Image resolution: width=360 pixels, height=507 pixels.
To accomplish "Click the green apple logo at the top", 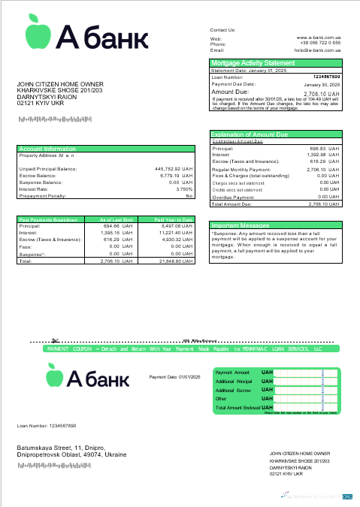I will tap(35, 30).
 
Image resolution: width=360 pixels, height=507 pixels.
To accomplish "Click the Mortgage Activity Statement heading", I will tap(253, 63).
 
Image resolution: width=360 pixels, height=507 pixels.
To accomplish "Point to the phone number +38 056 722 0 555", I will tap(320, 44).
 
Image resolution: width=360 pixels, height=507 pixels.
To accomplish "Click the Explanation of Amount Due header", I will tap(249, 134).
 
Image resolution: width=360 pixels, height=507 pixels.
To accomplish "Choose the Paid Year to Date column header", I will tap(174, 219).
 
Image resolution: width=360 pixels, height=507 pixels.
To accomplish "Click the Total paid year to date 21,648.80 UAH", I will tap(175, 261).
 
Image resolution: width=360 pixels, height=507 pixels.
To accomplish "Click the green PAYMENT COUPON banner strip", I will tap(184, 349).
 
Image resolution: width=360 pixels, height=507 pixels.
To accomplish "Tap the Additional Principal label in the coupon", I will tap(233, 382).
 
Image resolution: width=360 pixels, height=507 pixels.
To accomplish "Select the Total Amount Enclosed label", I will tap(237, 408).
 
